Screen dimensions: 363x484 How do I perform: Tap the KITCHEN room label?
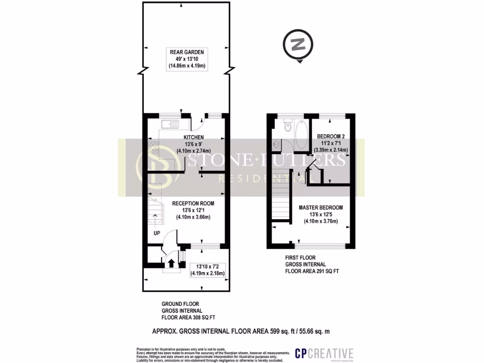(194, 137)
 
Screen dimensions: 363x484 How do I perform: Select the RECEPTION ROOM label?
(194, 203)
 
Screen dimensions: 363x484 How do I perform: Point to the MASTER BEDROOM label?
(320, 207)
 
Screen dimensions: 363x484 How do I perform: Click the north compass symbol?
(298, 45)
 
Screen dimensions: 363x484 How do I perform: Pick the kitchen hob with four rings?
(153, 147)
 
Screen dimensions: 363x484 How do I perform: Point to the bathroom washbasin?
(276, 144)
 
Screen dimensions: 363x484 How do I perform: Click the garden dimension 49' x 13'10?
(188, 59)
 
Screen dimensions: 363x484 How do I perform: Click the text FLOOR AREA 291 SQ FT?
(312, 271)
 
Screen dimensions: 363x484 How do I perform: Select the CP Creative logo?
(324, 354)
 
